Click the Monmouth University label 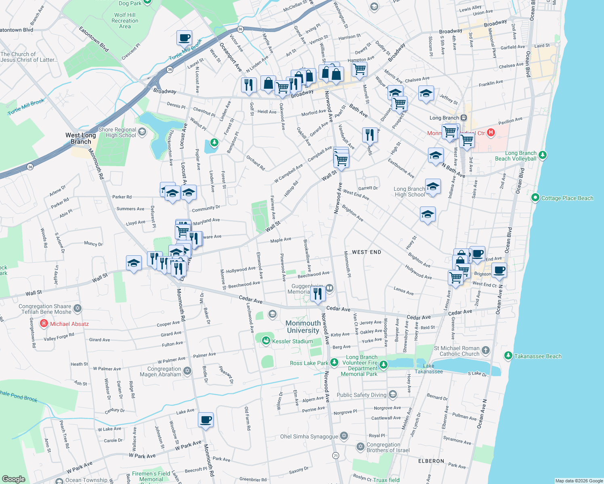pyautogui.click(x=303, y=327)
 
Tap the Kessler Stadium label pyautogui.click(x=292, y=341)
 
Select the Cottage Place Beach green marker pyautogui.click(x=535, y=198)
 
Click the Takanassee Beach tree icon pyautogui.click(x=508, y=356)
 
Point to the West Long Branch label pyautogui.click(x=81, y=138)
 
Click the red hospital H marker pyautogui.click(x=491, y=132)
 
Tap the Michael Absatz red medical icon pyautogui.click(x=44, y=323)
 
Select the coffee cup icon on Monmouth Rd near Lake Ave pyautogui.click(x=206, y=420)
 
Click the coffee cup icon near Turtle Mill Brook pyautogui.click(x=184, y=38)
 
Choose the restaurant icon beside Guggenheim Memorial pyautogui.click(x=318, y=294)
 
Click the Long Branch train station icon pyautogui.click(x=464, y=118)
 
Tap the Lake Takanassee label pyautogui.click(x=428, y=369)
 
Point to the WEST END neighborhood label pyautogui.click(x=366, y=252)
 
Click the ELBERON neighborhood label pyautogui.click(x=431, y=461)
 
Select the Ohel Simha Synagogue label pyautogui.click(x=309, y=436)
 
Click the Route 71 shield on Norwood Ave pyautogui.click(x=336, y=455)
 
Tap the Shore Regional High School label pyautogui.click(x=117, y=132)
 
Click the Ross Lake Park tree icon pyautogui.click(x=334, y=362)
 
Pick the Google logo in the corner pyautogui.click(x=13, y=479)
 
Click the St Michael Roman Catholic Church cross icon pyautogui.click(x=486, y=350)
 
